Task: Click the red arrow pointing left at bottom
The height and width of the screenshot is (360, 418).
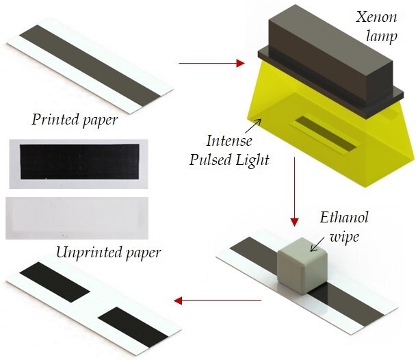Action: pos(217,300)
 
